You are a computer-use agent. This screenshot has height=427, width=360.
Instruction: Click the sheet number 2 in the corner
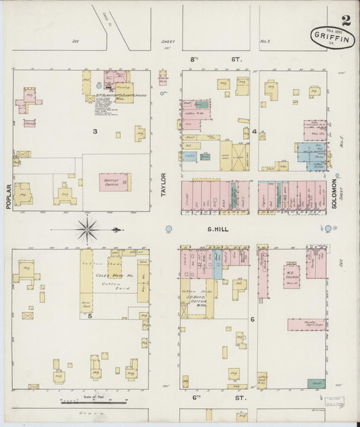click(x=345, y=20)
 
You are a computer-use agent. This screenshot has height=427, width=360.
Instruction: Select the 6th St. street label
click(x=216, y=399)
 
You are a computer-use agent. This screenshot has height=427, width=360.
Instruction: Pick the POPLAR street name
click(x=8, y=197)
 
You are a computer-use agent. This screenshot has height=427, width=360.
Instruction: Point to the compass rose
click(x=87, y=230)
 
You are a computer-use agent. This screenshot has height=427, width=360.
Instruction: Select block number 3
click(x=95, y=131)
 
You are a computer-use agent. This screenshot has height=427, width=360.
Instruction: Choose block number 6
click(x=252, y=318)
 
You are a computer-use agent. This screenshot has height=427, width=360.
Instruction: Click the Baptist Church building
click(x=115, y=182)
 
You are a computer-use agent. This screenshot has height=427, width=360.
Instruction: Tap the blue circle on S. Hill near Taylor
click(x=170, y=229)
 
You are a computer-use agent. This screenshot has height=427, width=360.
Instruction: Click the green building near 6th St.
click(x=315, y=383)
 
